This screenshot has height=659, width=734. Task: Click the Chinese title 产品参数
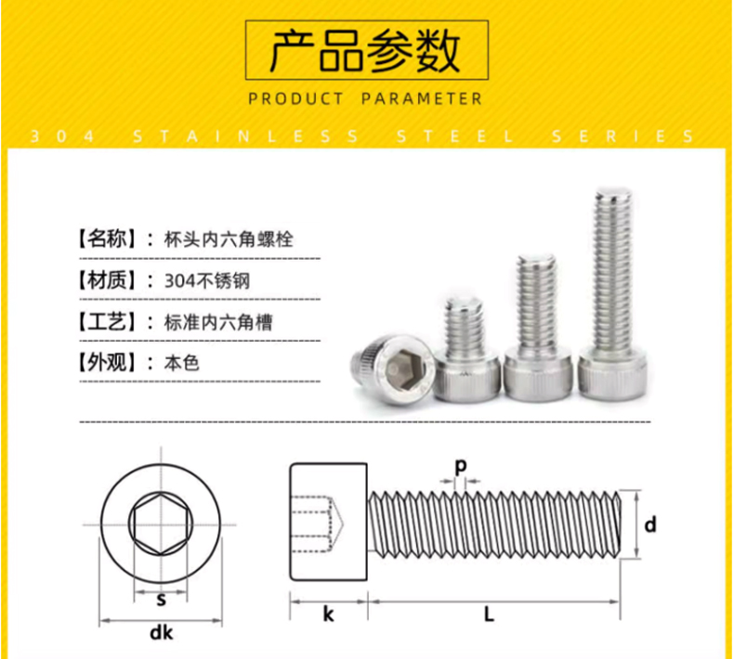tap(366, 50)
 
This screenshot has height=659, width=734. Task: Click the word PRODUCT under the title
tap(295, 98)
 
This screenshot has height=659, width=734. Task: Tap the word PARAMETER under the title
tap(422, 98)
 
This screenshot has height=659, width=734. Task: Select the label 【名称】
tap(106, 239)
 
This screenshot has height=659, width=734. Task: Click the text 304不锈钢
tap(207, 281)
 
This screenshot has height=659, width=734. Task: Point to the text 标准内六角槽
tap(218, 323)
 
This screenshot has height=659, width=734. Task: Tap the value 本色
tap(182, 363)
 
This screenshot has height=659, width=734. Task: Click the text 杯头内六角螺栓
tap(229, 239)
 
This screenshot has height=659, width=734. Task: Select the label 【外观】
tap(106, 363)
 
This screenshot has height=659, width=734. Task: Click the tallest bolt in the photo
tap(612, 294)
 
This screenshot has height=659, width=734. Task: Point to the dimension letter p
tap(461, 466)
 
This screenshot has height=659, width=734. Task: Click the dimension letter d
tap(650, 524)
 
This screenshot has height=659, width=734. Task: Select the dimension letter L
tap(489, 614)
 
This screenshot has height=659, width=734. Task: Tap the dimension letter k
tap(329, 614)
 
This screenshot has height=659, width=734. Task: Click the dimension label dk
tap(162, 633)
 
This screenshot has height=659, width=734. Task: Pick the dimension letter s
tap(161, 600)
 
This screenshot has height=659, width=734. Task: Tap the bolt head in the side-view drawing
tap(329, 522)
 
